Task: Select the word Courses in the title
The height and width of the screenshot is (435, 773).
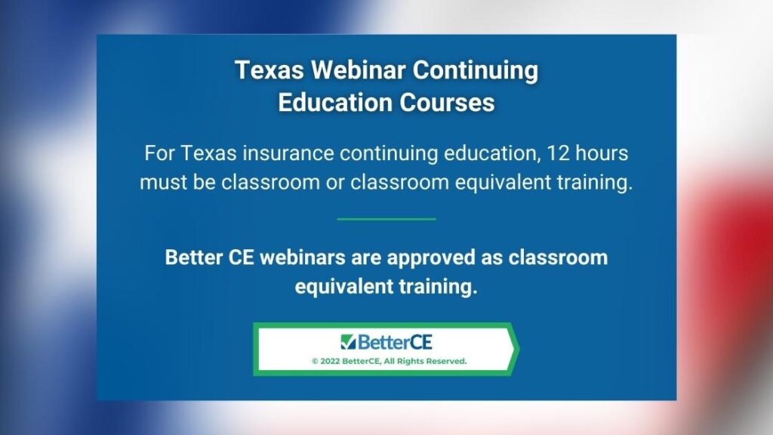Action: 447,103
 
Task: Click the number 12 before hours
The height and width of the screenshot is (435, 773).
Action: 558,153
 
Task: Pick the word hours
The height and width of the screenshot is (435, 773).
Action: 602,153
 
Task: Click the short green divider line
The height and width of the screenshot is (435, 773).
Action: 386,219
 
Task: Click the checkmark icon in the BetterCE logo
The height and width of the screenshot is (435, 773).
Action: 347,342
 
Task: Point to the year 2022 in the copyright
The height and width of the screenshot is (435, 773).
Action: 330,361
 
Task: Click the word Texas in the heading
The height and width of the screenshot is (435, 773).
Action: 269,70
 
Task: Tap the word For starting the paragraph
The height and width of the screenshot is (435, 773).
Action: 160,153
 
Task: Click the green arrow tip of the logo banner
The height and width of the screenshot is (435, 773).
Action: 519,349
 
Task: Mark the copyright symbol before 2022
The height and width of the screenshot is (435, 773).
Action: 315,362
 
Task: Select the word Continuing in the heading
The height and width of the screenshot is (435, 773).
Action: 476,71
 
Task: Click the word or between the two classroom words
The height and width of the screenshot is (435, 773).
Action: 334,183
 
